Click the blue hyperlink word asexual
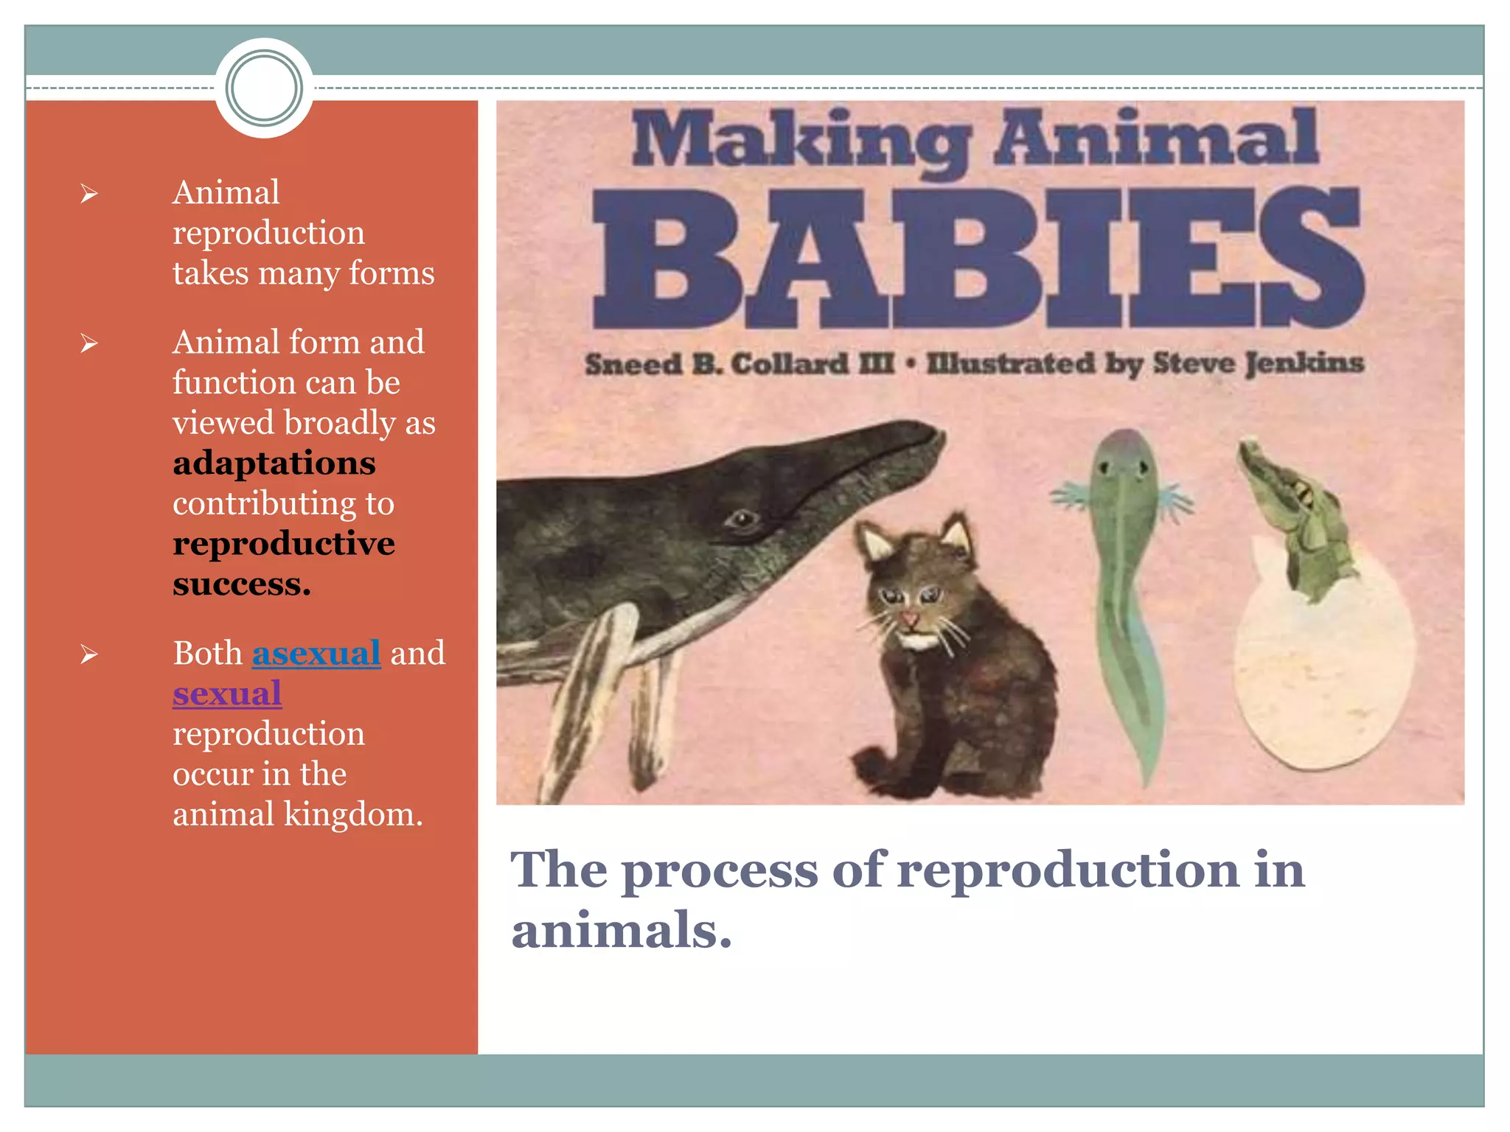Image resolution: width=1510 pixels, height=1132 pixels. click(316, 654)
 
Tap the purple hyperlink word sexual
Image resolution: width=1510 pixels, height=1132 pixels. click(227, 693)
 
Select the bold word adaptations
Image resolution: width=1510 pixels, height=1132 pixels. click(274, 464)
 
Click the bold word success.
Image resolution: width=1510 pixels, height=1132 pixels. click(242, 584)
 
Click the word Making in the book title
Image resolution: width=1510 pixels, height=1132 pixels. click(801, 140)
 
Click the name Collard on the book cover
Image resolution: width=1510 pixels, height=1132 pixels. click(790, 364)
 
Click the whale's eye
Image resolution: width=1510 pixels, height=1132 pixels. click(742, 519)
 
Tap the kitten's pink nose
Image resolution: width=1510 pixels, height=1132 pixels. click(910, 618)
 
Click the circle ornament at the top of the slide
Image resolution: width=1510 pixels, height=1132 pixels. click(264, 88)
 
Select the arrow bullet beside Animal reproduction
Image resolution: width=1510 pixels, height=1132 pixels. click(89, 194)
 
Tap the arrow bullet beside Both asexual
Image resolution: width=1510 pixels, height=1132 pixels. click(89, 654)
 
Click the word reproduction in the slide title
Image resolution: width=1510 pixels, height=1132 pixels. click(1068, 870)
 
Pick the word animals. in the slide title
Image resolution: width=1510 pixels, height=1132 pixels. click(622, 930)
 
